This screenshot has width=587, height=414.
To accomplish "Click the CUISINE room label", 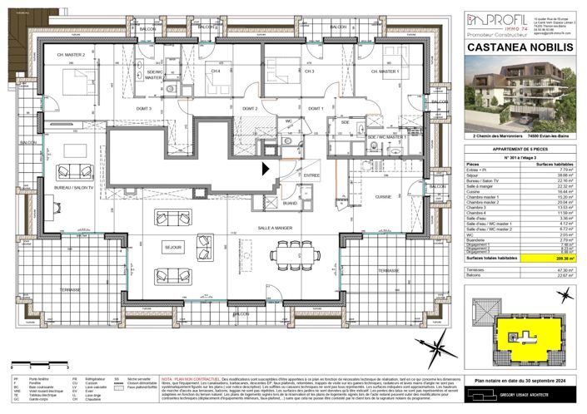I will pyautogui.click(x=383, y=196).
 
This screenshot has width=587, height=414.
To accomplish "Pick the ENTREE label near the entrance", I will pyautogui.click(x=311, y=175).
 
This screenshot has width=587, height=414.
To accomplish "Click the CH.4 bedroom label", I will pyautogui.click(x=215, y=71).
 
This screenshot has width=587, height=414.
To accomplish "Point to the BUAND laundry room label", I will pyautogui.click(x=289, y=202).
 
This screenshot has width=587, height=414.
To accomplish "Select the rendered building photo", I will pyautogui.click(x=519, y=96).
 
